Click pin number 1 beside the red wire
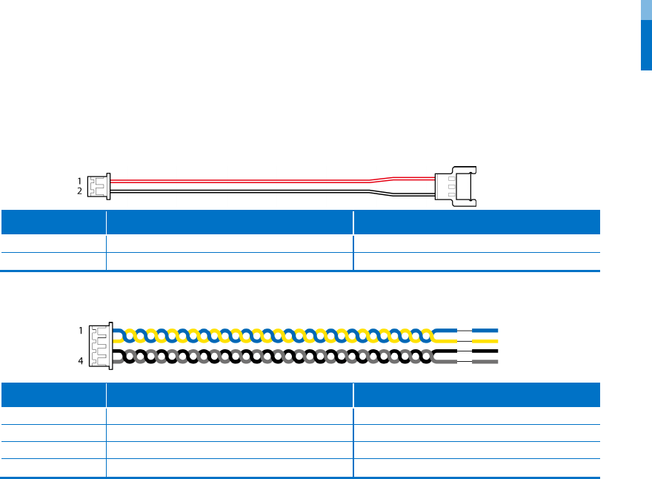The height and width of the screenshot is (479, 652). point(79,180)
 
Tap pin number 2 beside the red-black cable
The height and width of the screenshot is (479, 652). point(79,191)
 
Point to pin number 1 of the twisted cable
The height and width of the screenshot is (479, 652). point(81,331)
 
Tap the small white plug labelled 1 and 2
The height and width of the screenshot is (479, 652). point(98,185)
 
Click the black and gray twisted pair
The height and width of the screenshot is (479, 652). point(274,357)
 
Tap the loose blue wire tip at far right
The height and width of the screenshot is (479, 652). point(485,330)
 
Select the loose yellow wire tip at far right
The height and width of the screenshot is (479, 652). point(485,340)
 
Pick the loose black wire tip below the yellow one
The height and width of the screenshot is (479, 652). point(485,351)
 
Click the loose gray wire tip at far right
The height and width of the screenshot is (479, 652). point(485,362)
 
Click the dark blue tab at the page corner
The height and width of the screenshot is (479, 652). point(646,44)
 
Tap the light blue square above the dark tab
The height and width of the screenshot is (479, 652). point(646,10)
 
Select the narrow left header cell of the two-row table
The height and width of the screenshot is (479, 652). point(53,222)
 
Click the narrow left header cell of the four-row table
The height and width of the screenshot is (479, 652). point(53,394)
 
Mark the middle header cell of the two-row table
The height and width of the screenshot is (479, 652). point(229,222)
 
